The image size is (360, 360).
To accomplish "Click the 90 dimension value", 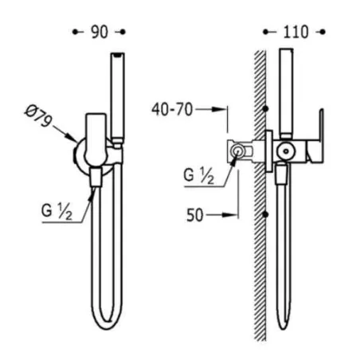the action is pos(100,32).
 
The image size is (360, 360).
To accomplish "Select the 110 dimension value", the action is pos(295,32).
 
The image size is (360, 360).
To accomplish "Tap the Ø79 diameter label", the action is pos(37,116).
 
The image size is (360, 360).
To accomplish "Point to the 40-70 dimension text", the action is pos(172,109).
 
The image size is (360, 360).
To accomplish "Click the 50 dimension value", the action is pos(195,215).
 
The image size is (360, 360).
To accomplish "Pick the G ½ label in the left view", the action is pos(57,212).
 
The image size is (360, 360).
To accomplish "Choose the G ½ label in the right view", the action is pos(199,176).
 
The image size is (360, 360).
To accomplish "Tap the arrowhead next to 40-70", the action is pos(218,109).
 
